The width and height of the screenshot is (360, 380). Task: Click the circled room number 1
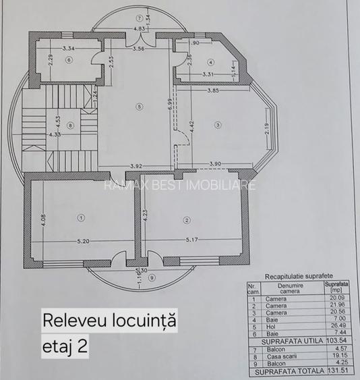[81, 217]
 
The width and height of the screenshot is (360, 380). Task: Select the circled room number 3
[218, 124]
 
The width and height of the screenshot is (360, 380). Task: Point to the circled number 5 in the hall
[138, 105]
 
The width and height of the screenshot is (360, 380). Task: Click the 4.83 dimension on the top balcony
[139, 30]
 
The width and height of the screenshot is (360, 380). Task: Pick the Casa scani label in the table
[278, 356]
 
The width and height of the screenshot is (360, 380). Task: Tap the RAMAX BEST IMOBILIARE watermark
[180, 184]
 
